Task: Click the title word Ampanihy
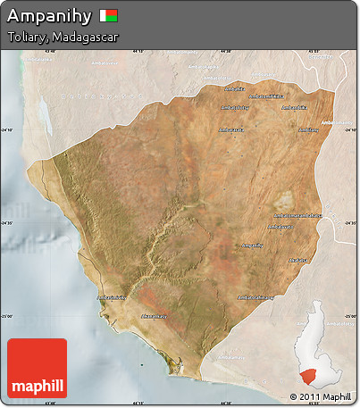tap(48, 15)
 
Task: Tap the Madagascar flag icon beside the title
tap(109, 15)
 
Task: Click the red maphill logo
tap(37, 368)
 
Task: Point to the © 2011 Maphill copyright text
tap(320, 396)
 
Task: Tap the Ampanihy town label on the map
tap(253, 246)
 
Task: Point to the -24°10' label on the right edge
tap(349, 129)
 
